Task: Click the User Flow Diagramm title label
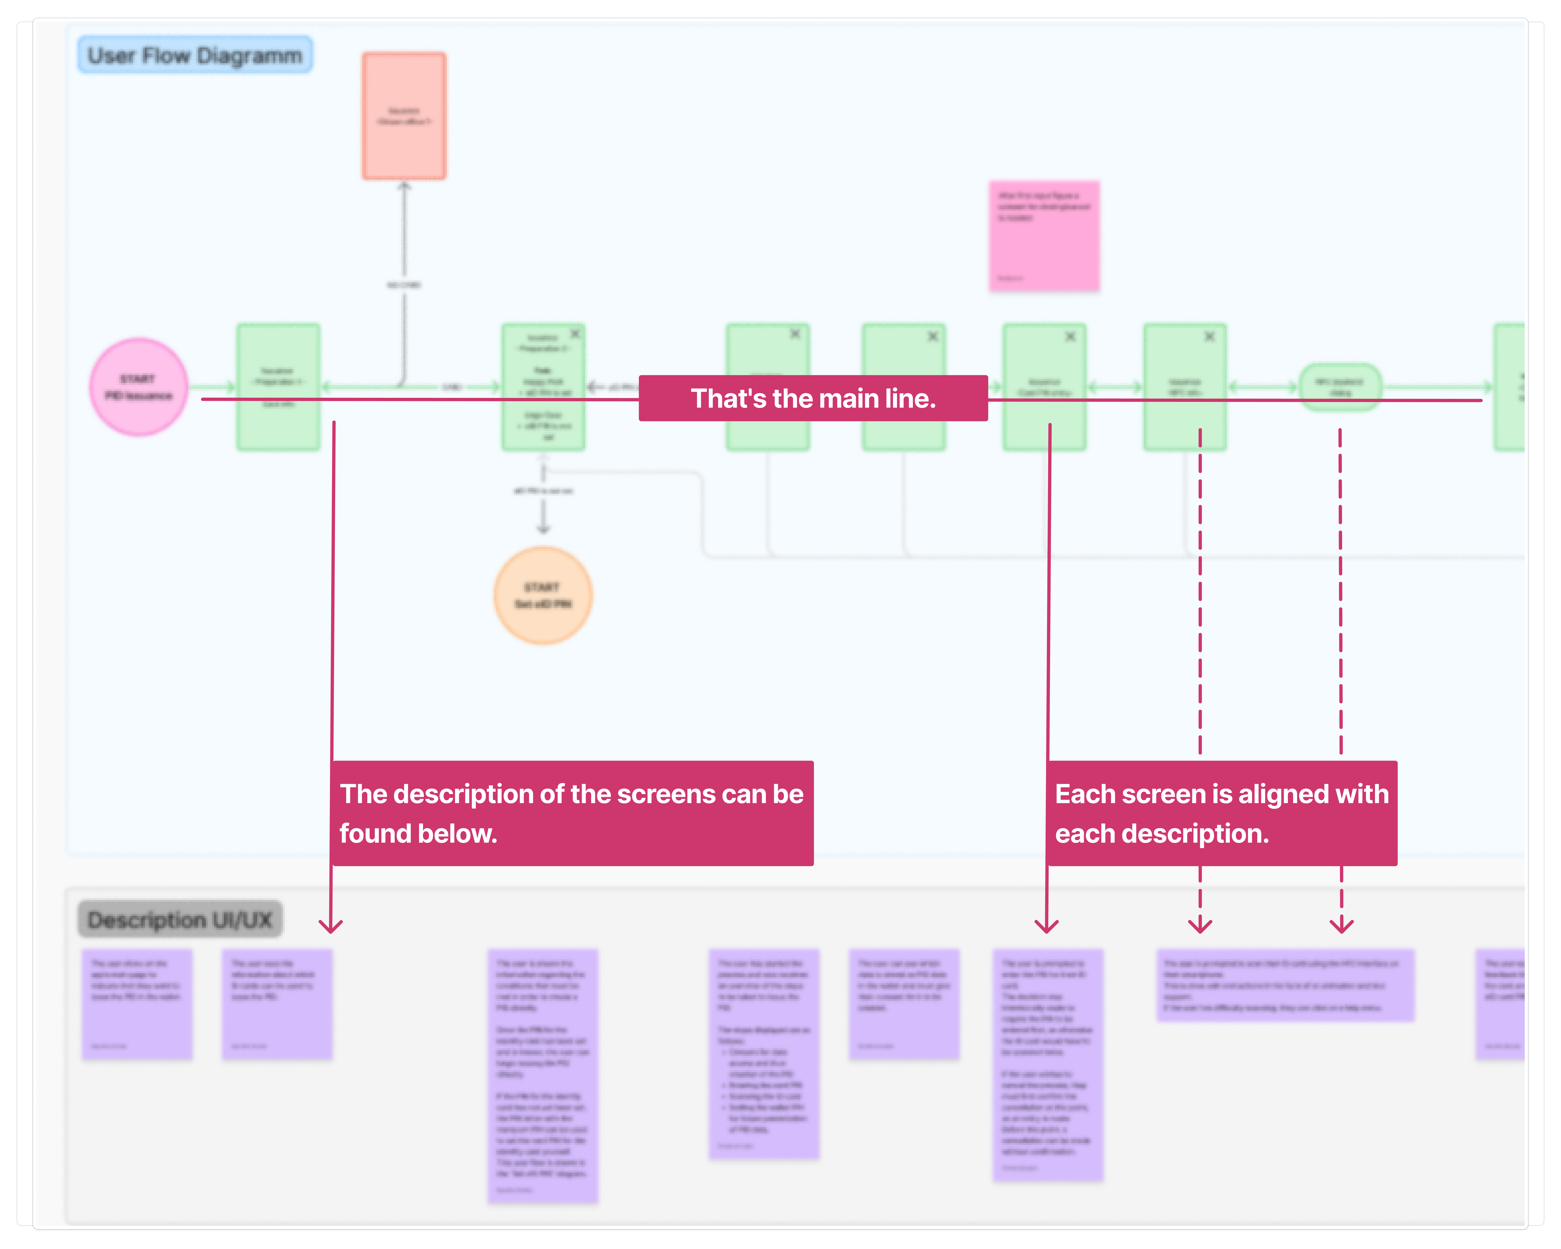coord(195,55)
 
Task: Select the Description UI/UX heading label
coord(180,920)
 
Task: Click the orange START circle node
coord(543,595)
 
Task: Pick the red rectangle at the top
coord(404,116)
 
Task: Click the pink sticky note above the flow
coord(1044,236)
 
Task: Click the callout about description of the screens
coord(572,813)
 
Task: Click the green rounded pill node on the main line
coord(1340,387)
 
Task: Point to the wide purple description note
coord(1285,985)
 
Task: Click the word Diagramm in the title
coord(249,56)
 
